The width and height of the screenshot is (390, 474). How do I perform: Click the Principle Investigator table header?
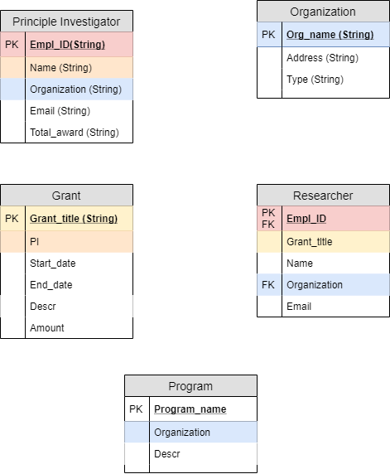pos(66,22)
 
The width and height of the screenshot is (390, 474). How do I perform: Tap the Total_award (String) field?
pos(74,132)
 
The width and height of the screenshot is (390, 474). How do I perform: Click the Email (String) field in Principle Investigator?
pos(60,110)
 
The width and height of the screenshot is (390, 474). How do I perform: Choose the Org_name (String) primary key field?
pos(330,35)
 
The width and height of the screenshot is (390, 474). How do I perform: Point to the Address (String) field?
pos(322,58)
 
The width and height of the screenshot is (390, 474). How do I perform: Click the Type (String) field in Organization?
pos(315,80)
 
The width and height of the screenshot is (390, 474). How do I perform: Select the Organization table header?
pos(323,12)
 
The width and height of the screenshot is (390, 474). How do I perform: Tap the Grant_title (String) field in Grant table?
pos(74,219)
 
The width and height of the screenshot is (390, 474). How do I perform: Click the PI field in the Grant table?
pos(35,241)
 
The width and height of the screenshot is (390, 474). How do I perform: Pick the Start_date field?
pos(52,263)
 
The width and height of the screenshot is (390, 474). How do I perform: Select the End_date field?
pos(51,284)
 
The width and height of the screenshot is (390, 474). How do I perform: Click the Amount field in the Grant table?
pos(47,327)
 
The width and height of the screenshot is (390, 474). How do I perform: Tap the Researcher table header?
pos(323,196)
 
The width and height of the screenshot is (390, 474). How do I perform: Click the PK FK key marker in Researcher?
pos(268,218)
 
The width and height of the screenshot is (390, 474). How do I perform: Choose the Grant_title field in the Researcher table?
pos(310,241)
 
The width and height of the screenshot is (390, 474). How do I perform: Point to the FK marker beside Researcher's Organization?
pos(268,284)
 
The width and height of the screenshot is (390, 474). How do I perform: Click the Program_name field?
pos(190,409)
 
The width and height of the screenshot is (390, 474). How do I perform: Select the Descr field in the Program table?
pos(166,453)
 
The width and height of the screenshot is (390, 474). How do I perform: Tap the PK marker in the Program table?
pos(137,409)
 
